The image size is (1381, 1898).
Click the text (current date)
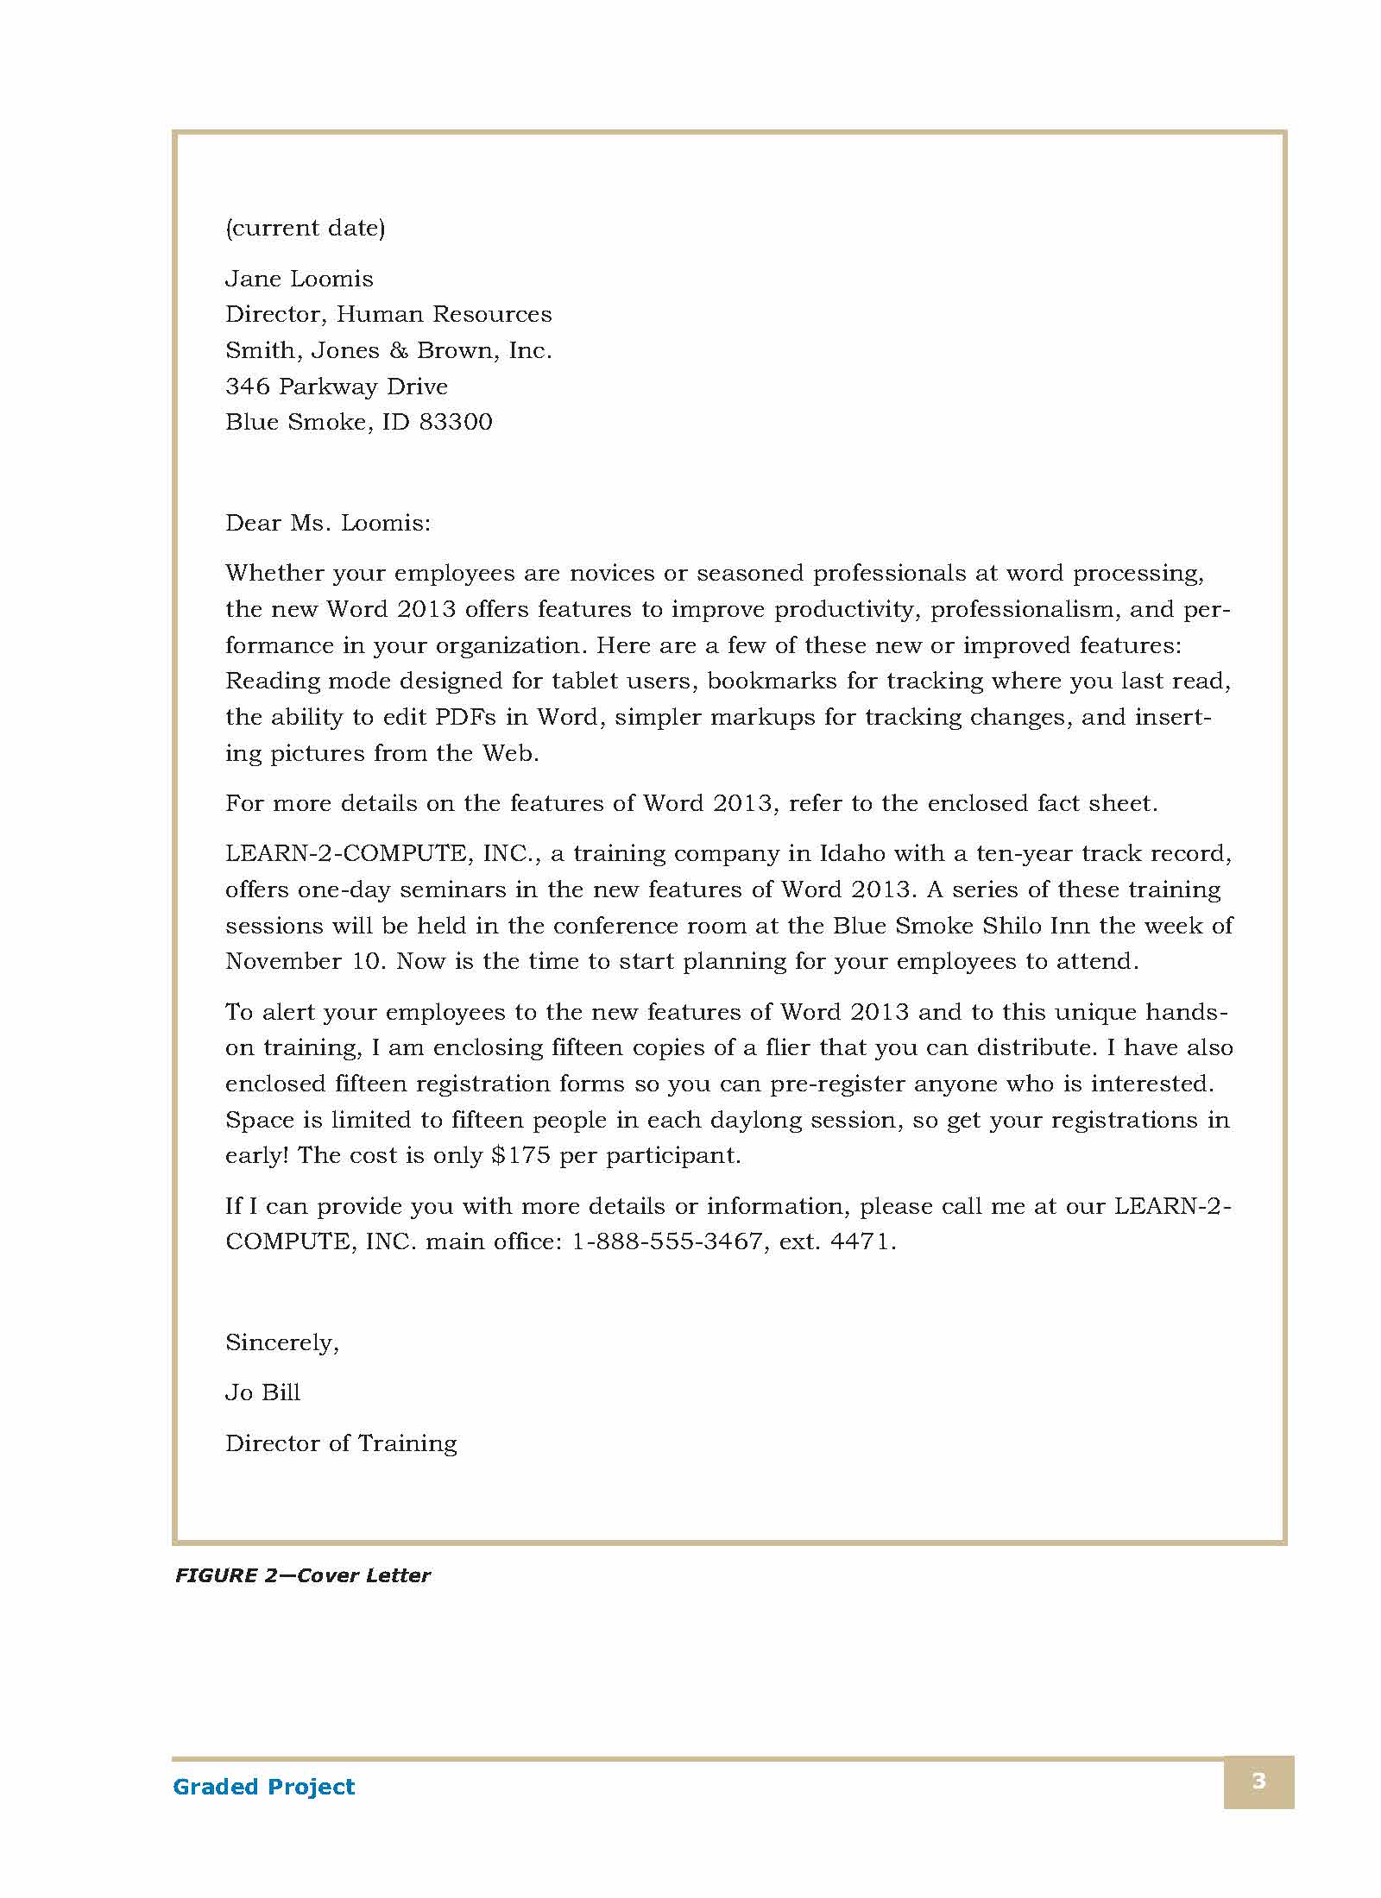point(305,229)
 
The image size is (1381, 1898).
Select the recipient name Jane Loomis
point(299,280)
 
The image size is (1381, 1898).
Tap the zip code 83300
point(456,423)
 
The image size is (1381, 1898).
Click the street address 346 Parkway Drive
point(337,387)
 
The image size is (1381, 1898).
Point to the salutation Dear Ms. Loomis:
point(327,524)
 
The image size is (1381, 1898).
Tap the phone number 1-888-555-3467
point(667,1242)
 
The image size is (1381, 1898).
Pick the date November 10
point(303,962)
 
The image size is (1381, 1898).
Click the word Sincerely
point(281,1343)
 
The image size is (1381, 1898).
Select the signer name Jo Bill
point(262,1393)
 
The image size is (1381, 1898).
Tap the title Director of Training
point(341,1443)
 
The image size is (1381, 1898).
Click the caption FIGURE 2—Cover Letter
point(302,1576)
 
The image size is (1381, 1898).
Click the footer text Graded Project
point(263,1787)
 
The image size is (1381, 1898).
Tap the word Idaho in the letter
point(852,854)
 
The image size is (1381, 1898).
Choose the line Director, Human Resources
point(388,315)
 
